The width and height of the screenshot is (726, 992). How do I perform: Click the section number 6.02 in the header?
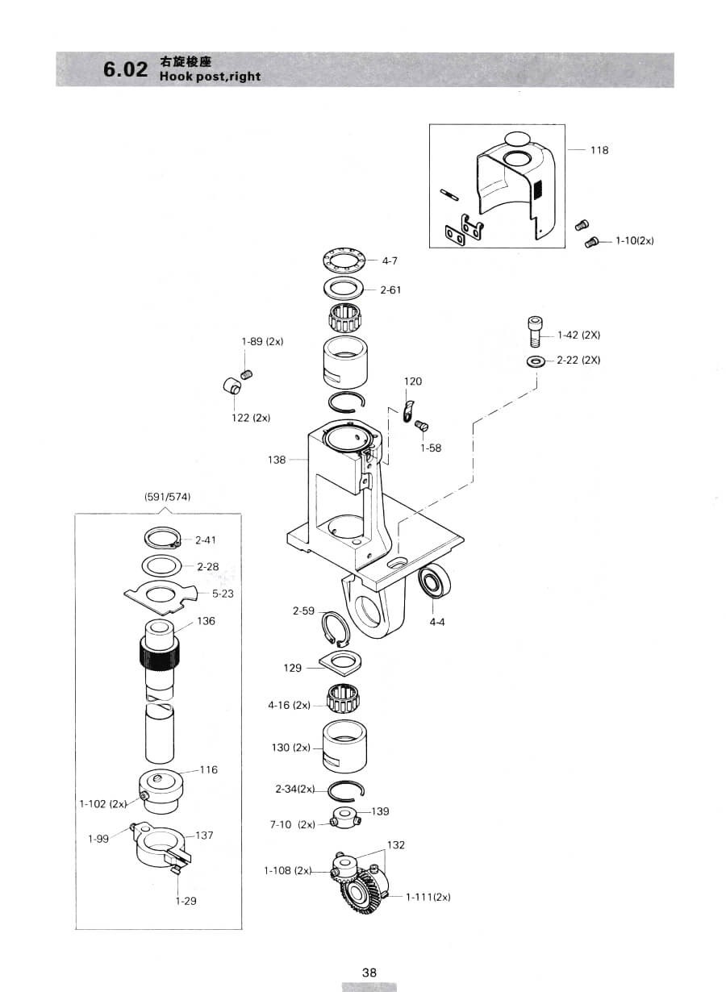click(x=125, y=69)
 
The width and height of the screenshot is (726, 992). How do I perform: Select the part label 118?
click(x=599, y=150)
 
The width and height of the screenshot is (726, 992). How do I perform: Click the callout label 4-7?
click(x=390, y=261)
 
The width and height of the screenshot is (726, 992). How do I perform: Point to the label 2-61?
click(x=390, y=290)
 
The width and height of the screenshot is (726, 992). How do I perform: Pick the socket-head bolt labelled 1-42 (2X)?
click(x=536, y=332)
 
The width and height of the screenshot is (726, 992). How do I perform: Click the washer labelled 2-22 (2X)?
click(x=536, y=362)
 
